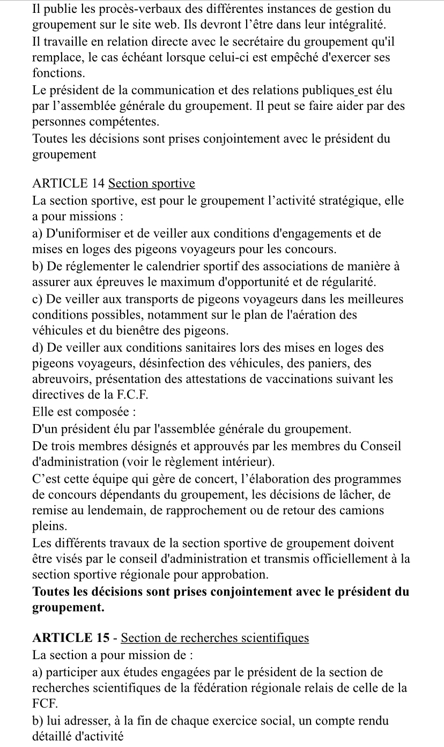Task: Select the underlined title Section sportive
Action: (152, 184)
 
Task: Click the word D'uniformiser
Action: (83, 233)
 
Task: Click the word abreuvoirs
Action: (60, 380)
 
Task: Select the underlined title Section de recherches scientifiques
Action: (215, 638)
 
